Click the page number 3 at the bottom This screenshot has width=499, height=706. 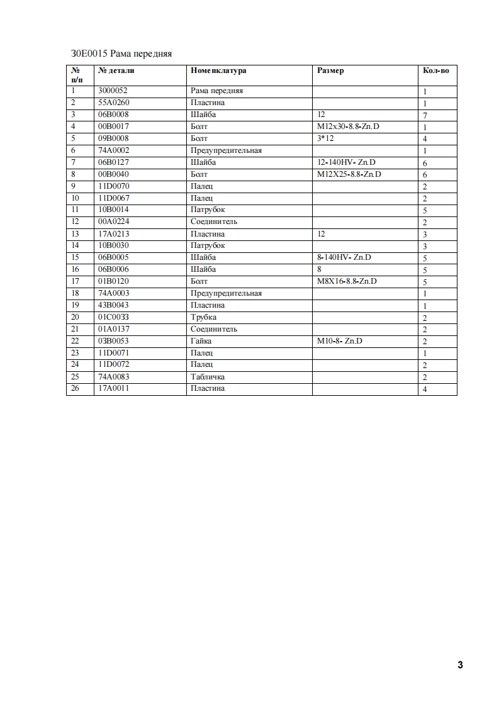pos(460,665)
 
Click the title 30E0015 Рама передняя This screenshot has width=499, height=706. pos(121,53)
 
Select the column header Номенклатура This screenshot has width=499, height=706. pos(218,70)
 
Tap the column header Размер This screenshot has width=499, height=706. pos(330,70)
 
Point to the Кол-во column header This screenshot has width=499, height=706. pos(435,70)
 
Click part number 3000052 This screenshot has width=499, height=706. pos(113,91)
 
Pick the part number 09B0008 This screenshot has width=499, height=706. pos(114,138)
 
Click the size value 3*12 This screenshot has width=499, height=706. pos(325,138)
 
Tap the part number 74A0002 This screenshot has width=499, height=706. pos(114,150)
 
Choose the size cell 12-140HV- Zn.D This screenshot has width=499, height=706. pos(346,162)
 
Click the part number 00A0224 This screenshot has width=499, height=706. pos(114,221)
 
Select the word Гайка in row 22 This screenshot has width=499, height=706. pos(201,341)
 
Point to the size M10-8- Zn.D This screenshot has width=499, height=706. pos(340,341)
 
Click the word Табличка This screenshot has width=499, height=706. pos(207,377)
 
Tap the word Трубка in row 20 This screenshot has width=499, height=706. pos(203,317)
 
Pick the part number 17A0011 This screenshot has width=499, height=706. pos(114,388)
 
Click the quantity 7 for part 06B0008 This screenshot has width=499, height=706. pos(425,116)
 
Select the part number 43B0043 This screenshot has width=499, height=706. pos(114,305)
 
